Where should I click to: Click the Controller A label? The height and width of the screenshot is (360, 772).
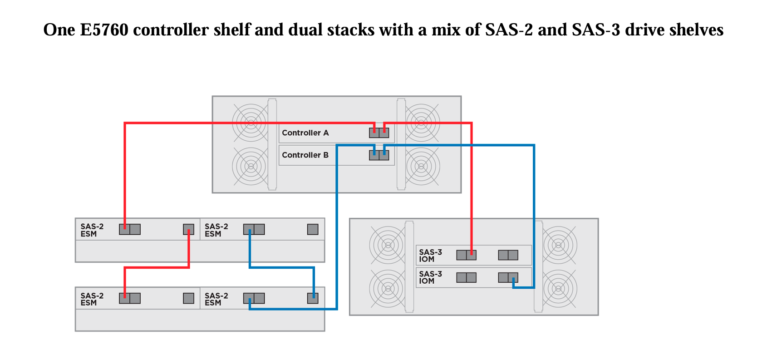coord(305,133)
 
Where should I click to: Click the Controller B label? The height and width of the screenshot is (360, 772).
coord(305,155)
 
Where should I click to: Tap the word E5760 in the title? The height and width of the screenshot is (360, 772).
coord(104,30)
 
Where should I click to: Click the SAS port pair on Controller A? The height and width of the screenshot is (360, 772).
coord(379,133)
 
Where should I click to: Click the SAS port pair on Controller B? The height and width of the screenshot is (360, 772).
coord(379,155)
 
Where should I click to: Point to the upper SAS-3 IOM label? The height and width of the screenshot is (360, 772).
coord(430,256)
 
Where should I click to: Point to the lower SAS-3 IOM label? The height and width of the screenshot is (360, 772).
coord(430,277)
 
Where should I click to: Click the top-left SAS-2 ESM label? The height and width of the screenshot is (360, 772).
coord(92,230)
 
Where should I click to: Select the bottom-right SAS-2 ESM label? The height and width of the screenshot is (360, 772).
coord(216,299)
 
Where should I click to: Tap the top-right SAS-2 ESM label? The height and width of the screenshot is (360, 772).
coord(216,230)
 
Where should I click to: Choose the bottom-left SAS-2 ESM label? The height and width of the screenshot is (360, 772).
coord(92,299)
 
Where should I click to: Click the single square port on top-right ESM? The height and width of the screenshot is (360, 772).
coord(313,229)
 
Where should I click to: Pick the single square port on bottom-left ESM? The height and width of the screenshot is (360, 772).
coord(188,298)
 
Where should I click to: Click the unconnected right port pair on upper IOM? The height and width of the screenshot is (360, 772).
coord(508,255)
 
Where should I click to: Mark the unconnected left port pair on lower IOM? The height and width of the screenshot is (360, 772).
coord(466,277)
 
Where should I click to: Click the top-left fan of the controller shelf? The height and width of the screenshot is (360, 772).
coord(250,122)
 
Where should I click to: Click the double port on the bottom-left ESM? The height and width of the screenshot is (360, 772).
coord(130,298)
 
